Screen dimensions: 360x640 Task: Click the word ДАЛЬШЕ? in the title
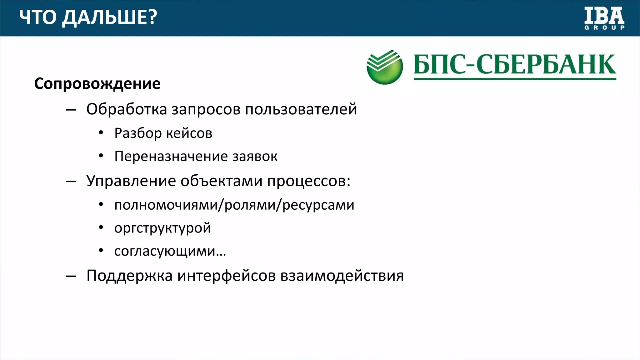click(109, 17)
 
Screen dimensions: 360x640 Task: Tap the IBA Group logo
click(604, 19)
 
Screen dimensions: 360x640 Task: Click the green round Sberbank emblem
click(384, 67)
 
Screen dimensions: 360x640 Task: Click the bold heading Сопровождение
click(97, 84)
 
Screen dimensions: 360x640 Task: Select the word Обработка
click(127, 109)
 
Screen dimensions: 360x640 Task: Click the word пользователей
click(301, 109)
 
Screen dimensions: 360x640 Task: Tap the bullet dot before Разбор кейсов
click(101, 133)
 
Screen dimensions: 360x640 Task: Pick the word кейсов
click(189, 133)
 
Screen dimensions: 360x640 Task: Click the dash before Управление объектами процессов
click(71, 181)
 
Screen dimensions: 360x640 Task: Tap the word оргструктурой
click(162, 228)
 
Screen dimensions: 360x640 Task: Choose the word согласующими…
click(170, 251)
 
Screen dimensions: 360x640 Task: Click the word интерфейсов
click(227, 276)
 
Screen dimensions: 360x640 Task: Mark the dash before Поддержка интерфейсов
click(71, 276)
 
